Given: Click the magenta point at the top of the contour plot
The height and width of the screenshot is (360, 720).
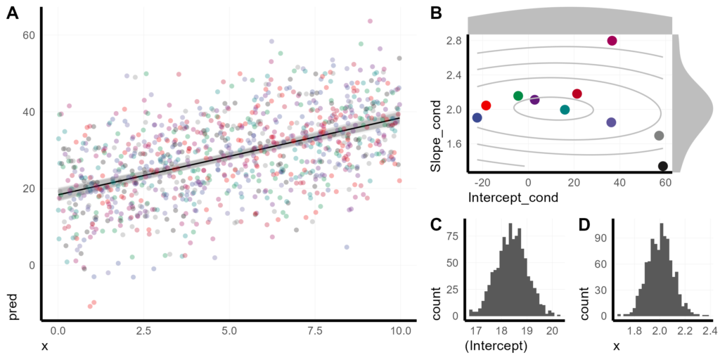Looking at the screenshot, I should (612, 41).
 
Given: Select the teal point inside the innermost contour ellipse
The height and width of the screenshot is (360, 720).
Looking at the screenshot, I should (565, 110).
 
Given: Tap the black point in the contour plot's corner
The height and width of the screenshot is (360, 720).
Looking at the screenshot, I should (662, 166).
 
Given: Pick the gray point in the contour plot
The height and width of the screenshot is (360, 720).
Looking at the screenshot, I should (659, 136).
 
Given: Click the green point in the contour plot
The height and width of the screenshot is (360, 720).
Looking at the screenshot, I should (518, 96).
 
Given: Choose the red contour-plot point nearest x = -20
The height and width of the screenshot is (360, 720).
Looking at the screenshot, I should (486, 105).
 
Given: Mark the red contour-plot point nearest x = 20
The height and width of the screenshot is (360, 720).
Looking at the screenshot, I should (577, 94).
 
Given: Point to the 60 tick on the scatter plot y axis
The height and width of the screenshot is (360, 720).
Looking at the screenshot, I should (30, 34).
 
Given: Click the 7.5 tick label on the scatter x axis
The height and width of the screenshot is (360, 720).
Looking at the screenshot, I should (315, 330).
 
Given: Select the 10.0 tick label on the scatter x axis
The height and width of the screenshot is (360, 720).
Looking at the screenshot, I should (400, 330).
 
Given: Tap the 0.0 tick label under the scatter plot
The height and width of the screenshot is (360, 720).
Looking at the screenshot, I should (58, 330).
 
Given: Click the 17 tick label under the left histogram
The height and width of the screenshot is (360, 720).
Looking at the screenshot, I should (476, 330).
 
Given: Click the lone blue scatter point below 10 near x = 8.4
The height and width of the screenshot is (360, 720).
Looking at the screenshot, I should (347, 247).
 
